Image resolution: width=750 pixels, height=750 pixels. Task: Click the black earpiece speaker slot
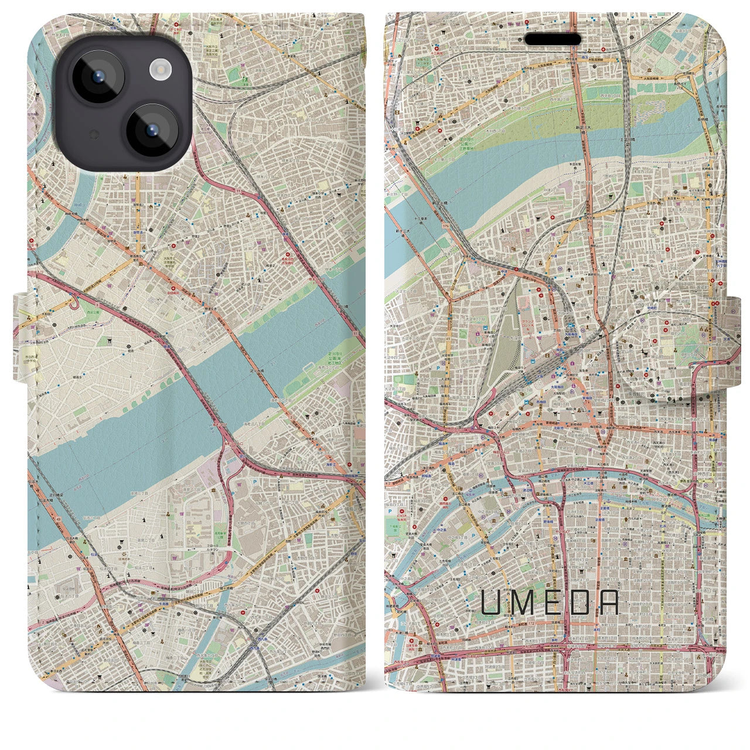553,39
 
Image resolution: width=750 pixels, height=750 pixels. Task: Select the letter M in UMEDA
521,602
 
